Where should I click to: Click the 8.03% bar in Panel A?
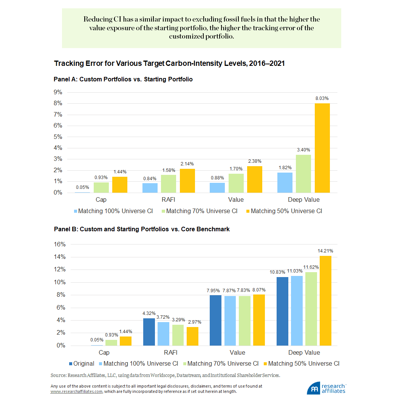(x=322, y=148)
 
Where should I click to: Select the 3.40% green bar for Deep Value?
(x=303, y=174)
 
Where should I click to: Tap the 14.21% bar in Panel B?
(x=326, y=301)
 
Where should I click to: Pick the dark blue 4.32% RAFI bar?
(x=149, y=332)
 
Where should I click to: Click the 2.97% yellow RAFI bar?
(x=192, y=336)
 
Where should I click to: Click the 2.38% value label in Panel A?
(x=255, y=161)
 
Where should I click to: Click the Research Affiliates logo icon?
(x=314, y=388)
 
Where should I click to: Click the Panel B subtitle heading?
(x=142, y=229)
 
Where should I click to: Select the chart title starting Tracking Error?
(x=169, y=64)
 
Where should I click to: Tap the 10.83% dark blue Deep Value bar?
(x=282, y=311)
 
